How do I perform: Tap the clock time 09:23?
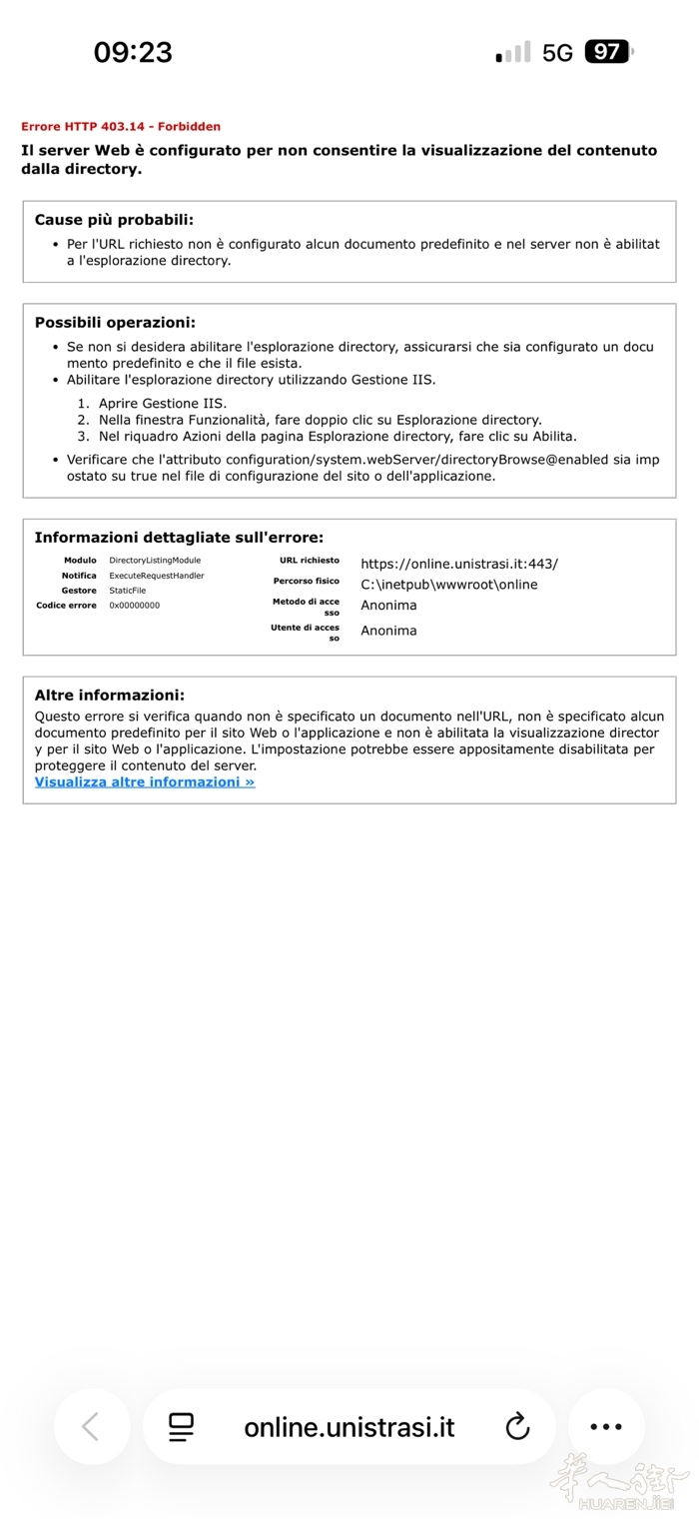click(x=133, y=52)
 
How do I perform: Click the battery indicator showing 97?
click(x=608, y=52)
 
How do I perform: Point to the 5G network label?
click(x=557, y=53)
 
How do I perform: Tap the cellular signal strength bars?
click(x=513, y=53)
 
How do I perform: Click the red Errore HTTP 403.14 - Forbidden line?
click(x=121, y=127)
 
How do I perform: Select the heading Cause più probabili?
click(x=114, y=220)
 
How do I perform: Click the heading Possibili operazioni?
click(x=115, y=322)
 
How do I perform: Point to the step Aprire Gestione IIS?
click(x=163, y=404)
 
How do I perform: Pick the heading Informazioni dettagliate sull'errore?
click(x=179, y=538)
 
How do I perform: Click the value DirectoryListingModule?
click(x=155, y=561)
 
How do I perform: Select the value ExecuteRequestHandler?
click(x=157, y=576)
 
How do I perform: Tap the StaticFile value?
click(x=128, y=591)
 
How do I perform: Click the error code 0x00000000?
click(x=135, y=606)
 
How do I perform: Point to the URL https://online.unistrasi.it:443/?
click(x=459, y=564)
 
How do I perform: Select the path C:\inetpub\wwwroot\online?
click(x=449, y=585)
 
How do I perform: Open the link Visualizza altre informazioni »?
click(x=145, y=782)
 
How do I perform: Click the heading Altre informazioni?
click(x=110, y=695)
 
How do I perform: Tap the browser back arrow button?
click(x=91, y=1427)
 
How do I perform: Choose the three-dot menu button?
click(x=606, y=1427)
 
